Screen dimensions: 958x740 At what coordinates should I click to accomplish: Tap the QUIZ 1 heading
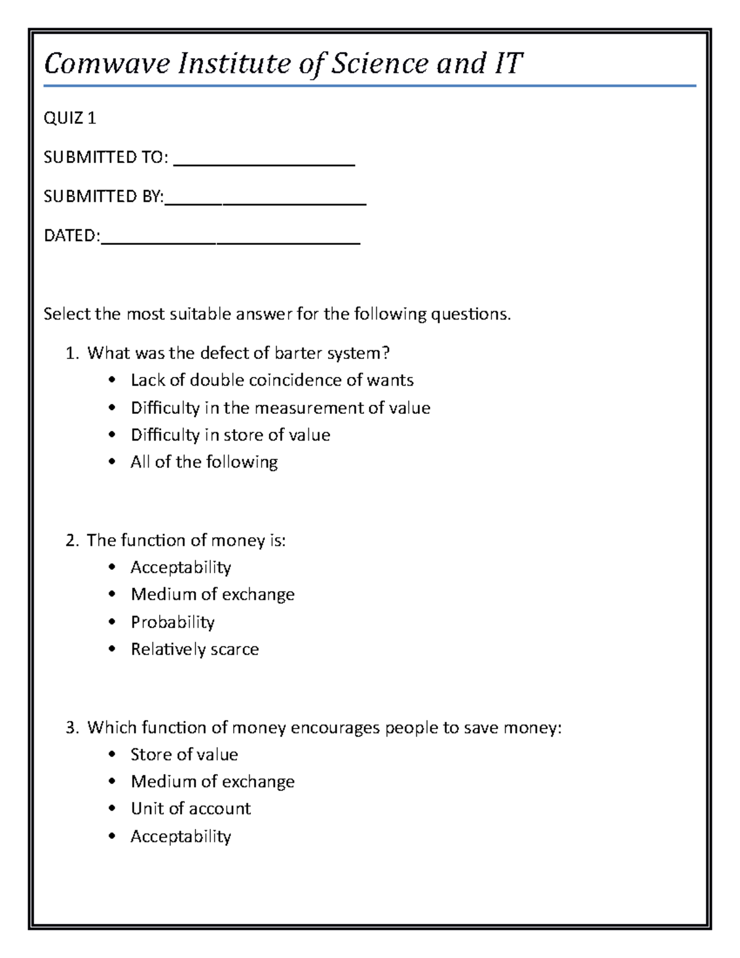(x=70, y=118)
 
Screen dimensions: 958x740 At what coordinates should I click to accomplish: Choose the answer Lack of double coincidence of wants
(x=271, y=380)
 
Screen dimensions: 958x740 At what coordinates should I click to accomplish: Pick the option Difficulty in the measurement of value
(x=280, y=408)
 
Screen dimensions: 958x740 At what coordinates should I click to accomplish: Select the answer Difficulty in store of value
(x=230, y=435)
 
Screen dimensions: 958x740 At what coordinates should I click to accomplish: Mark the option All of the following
(x=203, y=462)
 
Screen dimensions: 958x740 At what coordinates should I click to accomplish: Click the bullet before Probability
(x=112, y=622)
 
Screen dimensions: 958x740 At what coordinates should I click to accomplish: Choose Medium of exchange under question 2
(x=212, y=594)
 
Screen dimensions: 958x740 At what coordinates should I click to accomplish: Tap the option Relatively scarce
(x=194, y=649)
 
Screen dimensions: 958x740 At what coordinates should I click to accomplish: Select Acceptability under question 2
(x=181, y=567)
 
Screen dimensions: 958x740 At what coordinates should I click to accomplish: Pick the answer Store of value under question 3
(x=184, y=754)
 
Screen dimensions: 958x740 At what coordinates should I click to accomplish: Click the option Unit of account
(x=191, y=809)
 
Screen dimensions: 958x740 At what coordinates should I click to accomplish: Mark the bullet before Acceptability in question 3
(x=112, y=836)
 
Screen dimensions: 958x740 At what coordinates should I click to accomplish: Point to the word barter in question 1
(x=298, y=353)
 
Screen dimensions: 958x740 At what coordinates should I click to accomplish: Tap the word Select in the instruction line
(x=67, y=314)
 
